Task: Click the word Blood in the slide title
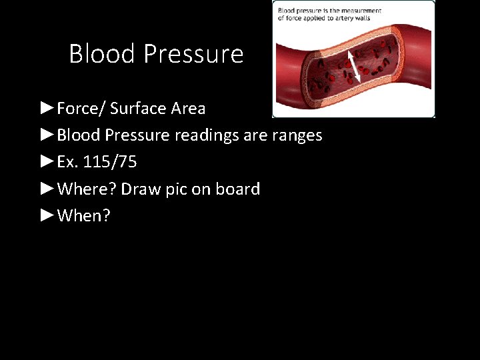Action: click(x=98, y=54)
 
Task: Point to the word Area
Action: click(x=188, y=108)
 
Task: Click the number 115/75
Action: click(x=111, y=162)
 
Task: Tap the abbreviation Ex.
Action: click(x=69, y=162)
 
